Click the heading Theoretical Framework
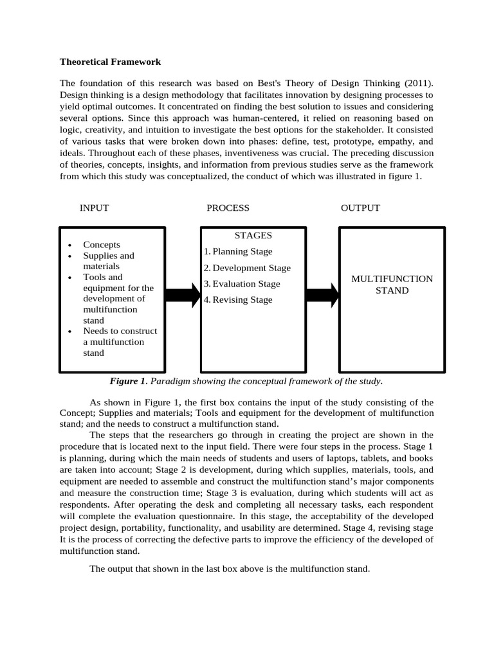(110, 62)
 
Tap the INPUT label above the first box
(94, 208)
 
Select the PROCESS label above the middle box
(228, 208)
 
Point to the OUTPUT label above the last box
(360, 208)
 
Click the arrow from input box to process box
(183, 295)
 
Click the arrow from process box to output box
(322, 295)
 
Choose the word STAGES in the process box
(253, 236)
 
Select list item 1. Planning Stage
(238, 252)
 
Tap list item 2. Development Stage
(247, 268)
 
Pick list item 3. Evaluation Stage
(242, 284)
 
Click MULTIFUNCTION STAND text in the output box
(392, 285)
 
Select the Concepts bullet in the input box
(102, 245)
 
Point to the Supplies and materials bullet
(108, 261)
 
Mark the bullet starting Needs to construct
(120, 342)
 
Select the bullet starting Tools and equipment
(118, 299)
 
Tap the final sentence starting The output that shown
(230, 569)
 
